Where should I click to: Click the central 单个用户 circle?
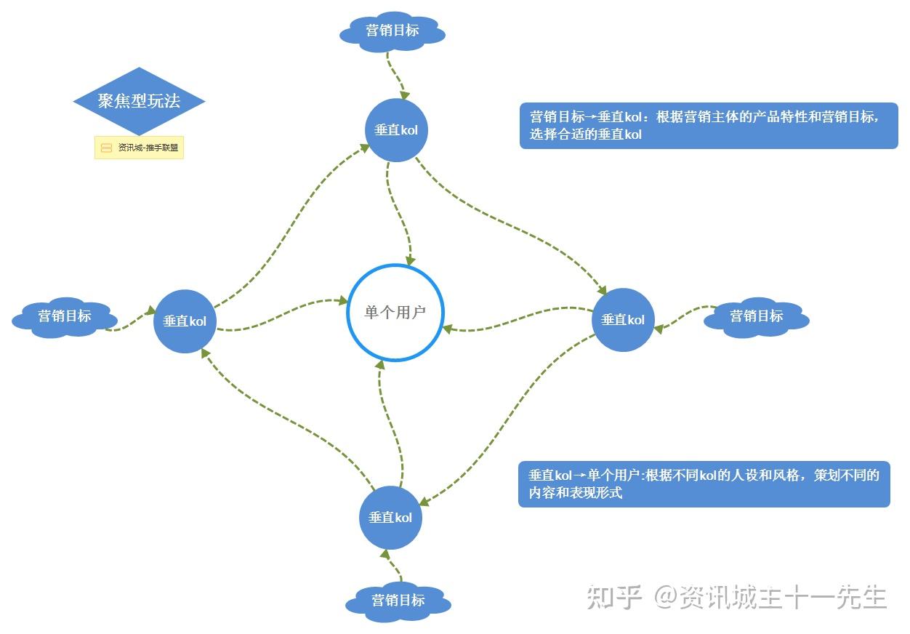pos(395,313)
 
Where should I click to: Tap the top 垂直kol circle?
pos(396,130)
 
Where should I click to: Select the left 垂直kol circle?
pos(185,321)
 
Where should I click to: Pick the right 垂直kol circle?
pos(623,320)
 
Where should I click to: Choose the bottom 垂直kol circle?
pos(390,517)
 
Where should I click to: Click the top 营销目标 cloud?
pos(392,31)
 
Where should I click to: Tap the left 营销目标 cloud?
pos(65,316)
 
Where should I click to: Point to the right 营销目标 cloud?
pos(757,316)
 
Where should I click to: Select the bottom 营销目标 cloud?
pos(398,601)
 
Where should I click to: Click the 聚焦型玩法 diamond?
pos(139,101)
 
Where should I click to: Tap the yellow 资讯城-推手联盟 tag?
pos(139,148)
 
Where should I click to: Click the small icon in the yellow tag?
pos(107,148)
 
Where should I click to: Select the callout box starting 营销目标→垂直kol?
pos(709,125)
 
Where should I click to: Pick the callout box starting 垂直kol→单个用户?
pos(704,483)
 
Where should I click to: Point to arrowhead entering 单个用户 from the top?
pos(411,260)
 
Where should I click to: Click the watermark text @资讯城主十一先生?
pos(770,597)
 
